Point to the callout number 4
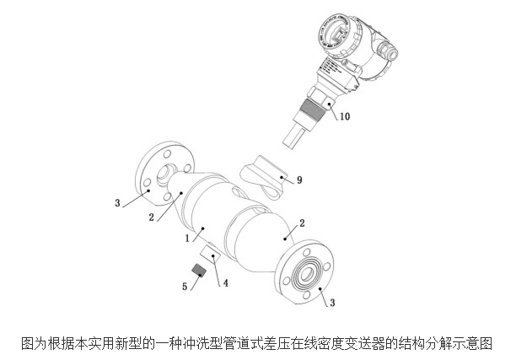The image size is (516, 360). (x=225, y=282)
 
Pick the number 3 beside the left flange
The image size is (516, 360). (x=120, y=202)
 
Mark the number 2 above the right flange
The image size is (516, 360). (x=303, y=221)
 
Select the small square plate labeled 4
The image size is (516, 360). (x=210, y=255)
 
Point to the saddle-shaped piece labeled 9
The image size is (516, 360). (x=266, y=177)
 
